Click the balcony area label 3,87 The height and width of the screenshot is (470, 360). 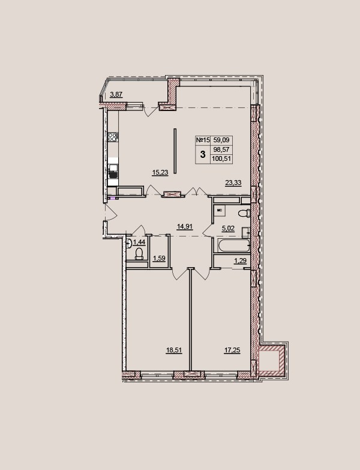tap(116, 95)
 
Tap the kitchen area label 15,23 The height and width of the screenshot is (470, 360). tap(160, 172)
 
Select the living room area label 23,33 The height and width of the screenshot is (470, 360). tap(233, 182)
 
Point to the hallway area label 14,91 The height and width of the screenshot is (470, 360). tap(185, 227)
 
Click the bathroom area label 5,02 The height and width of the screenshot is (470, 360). tap(228, 229)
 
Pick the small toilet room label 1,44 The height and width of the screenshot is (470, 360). tap(139, 242)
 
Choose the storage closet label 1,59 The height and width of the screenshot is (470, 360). tap(160, 258)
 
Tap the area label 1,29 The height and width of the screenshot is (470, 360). tap(240, 261)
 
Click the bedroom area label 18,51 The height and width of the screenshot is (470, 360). tap(174, 350)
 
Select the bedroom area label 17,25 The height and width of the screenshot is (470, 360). tap(232, 350)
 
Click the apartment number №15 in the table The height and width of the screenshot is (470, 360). tap(203, 140)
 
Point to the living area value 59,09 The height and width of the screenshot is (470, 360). tap(221, 140)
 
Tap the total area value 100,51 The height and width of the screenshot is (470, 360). tap(221, 159)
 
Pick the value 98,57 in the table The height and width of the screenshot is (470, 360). tap(221, 149)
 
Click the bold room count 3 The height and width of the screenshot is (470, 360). tap(203, 155)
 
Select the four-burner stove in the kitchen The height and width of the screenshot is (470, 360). tap(113, 137)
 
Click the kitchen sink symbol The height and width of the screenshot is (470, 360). tap(113, 171)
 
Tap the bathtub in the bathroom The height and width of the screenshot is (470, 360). tap(234, 245)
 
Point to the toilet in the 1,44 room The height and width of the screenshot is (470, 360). tap(139, 253)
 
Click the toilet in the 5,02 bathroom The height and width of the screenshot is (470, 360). tap(244, 214)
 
